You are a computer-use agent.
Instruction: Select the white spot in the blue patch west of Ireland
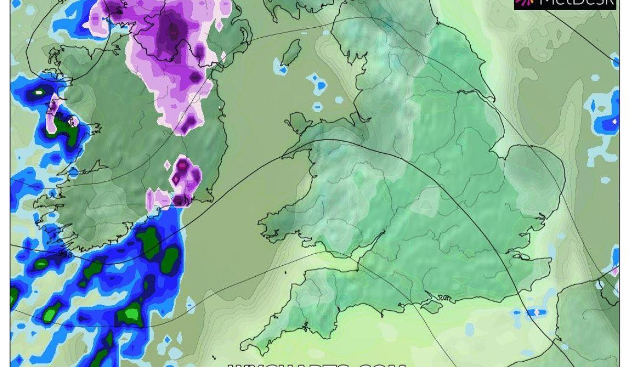point(39,93)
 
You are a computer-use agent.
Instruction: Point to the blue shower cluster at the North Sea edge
point(606,115)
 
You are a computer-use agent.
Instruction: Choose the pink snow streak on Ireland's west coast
point(53,113)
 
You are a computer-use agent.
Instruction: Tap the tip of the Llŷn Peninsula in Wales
point(285,156)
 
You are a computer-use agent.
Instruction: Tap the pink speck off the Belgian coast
point(615,272)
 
